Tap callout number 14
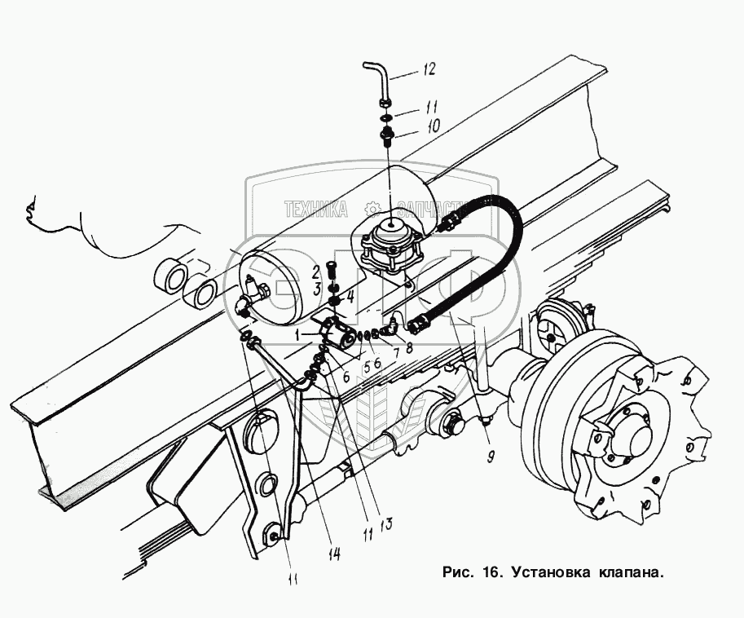[x=334, y=554]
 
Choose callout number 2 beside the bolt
[x=314, y=271]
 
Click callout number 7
[x=397, y=353]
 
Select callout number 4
[x=350, y=297]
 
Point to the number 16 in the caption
[x=488, y=572]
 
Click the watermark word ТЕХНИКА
[x=315, y=210]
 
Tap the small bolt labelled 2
[x=332, y=269]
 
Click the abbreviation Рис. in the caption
[x=456, y=572]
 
